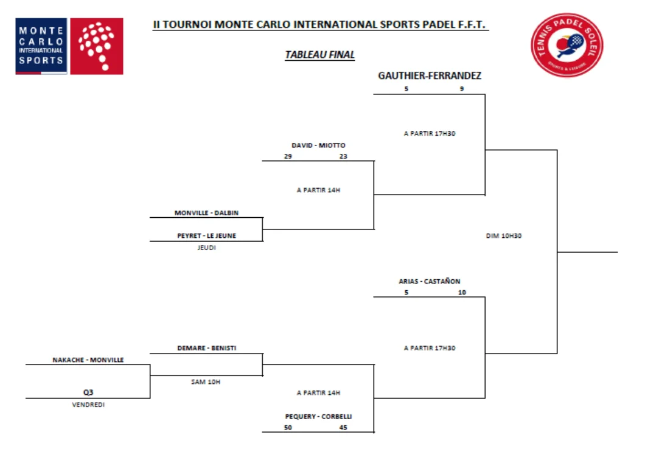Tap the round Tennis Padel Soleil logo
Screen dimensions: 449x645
coord(567,46)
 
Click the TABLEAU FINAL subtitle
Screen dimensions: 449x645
coord(319,55)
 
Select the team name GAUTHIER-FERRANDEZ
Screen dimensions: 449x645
coord(430,76)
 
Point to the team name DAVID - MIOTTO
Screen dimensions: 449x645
coord(318,145)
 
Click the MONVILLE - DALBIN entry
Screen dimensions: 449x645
coord(206,213)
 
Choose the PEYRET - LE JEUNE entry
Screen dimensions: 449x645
coord(206,235)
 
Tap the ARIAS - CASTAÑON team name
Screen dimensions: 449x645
coord(430,281)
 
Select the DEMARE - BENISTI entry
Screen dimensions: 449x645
coord(206,348)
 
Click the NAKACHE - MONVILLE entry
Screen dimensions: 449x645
coord(88,360)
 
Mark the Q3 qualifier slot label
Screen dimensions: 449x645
coord(88,392)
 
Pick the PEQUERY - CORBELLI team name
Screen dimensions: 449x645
coord(318,417)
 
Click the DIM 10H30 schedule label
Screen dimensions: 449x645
coord(504,236)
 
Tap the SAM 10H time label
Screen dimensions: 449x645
coord(206,381)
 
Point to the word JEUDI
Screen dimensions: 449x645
coord(206,248)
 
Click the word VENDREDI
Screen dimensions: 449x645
coord(88,405)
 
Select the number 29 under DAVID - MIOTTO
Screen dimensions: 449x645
coord(288,156)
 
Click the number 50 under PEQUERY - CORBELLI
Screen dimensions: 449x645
coord(288,428)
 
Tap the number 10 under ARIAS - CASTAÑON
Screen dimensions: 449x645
coord(462,293)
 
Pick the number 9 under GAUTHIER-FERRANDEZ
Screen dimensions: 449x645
coord(462,89)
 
